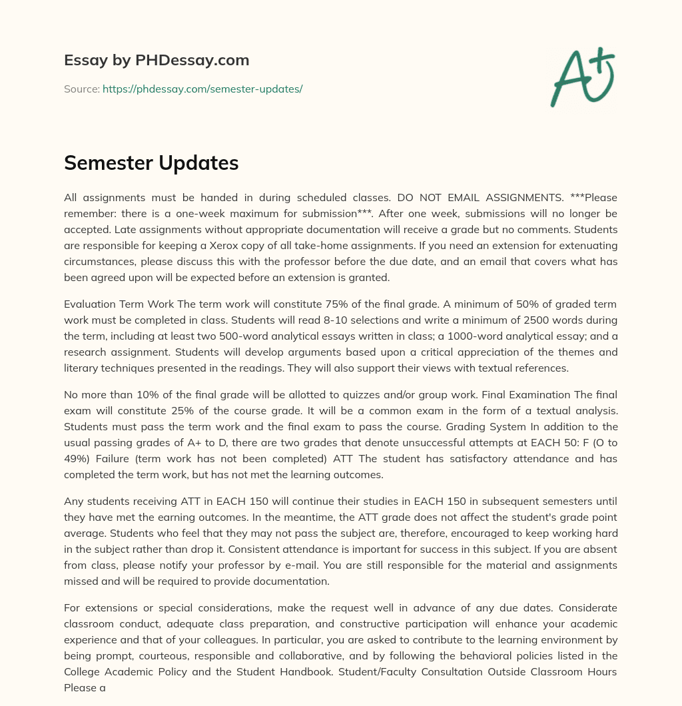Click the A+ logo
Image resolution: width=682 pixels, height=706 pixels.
click(x=582, y=77)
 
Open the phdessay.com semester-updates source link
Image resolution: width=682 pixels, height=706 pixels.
click(x=202, y=89)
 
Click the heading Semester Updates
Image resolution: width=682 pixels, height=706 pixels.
click(x=151, y=163)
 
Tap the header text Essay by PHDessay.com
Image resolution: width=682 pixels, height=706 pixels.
click(x=157, y=61)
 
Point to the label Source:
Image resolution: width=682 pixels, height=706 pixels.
click(x=81, y=89)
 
